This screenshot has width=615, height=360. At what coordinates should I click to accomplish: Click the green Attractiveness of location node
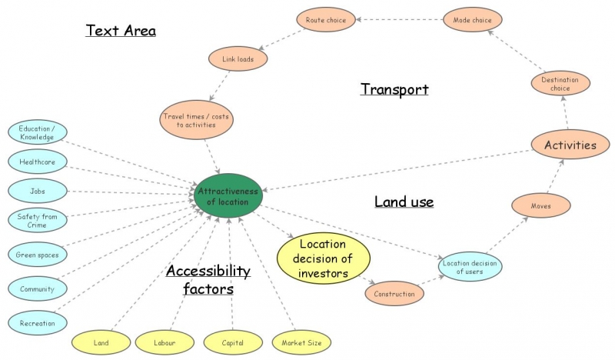pyautogui.click(x=228, y=195)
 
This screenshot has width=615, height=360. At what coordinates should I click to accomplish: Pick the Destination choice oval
pyautogui.click(x=560, y=83)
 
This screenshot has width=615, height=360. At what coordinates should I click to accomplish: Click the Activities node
pyautogui.click(x=570, y=145)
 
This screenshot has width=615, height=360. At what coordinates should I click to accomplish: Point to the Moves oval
pyautogui.click(x=540, y=205)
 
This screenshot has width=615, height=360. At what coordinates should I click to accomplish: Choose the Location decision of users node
pyautogui.click(x=469, y=266)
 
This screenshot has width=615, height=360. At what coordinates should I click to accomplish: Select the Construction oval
pyautogui.click(x=394, y=293)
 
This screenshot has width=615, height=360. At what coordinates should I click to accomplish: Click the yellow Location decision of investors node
pyautogui.click(x=324, y=258)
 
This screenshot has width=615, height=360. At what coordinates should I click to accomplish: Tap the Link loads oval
pyautogui.click(x=239, y=58)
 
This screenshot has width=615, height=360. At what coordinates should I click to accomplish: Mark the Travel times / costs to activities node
pyautogui.click(x=195, y=120)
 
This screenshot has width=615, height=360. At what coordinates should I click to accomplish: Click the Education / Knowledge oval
pyautogui.click(x=37, y=132)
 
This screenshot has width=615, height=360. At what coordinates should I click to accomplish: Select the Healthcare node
pyautogui.click(x=37, y=162)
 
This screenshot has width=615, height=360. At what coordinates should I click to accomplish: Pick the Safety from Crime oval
pyautogui.click(x=37, y=221)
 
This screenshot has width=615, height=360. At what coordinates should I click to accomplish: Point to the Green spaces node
pyautogui.click(x=37, y=255)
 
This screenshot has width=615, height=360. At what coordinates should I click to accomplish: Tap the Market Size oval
pyautogui.click(x=302, y=342)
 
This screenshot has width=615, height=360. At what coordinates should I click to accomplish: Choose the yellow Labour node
pyautogui.click(x=163, y=342)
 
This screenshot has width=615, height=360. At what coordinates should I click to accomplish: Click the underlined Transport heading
pyautogui.click(x=394, y=89)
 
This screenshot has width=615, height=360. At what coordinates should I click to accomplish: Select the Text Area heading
pyautogui.click(x=121, y=31)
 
